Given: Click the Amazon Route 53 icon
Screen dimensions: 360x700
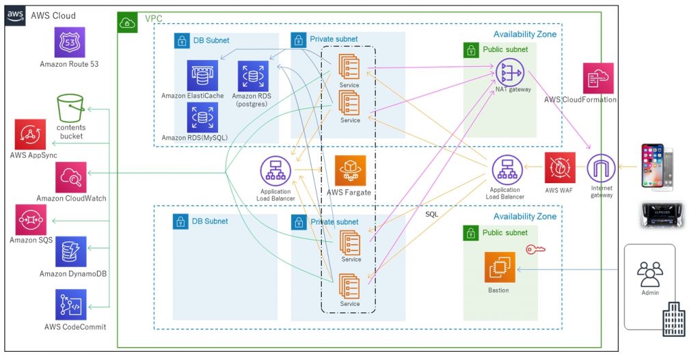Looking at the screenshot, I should pos(69,42).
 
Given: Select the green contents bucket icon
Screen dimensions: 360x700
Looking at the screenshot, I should pos(70,109).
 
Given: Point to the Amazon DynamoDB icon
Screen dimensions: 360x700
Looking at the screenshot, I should pos(71,251).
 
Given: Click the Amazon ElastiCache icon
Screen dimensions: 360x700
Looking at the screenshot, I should pos(202,75).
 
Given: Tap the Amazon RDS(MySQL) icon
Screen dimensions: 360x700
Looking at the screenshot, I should pos(202,117).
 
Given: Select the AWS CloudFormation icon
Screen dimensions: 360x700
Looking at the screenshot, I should pos(598,78).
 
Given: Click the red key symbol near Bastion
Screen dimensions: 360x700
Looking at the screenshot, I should pos(535,251).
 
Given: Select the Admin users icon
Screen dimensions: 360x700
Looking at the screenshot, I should pos(649,275).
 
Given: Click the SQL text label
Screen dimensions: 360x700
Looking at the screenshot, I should pos(432,214).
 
